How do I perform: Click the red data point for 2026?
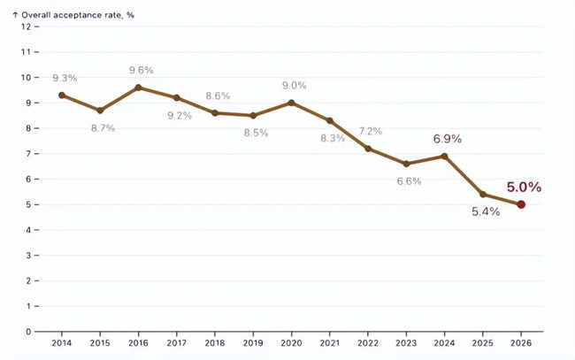click(521, 204)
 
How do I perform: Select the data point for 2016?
click(138, 88)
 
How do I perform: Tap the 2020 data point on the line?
click(292, 103)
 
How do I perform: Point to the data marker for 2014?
click(62, 96)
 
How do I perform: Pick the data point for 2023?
click(406, 164)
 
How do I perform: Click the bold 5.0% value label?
click(524, 188)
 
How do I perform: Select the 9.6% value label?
click(141, 71)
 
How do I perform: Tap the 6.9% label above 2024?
click(447, 139)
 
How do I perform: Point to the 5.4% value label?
click(485, 211)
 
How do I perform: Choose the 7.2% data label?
click(370, 132)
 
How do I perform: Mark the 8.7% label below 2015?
click(103, 128)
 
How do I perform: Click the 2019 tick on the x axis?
click(253, 343)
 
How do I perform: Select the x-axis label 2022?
click(368, 343)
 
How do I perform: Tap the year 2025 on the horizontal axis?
click(483, 343)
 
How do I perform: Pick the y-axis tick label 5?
click(27, 204)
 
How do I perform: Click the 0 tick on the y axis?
click(27, 333)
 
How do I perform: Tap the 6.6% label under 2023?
click(408, 181)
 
